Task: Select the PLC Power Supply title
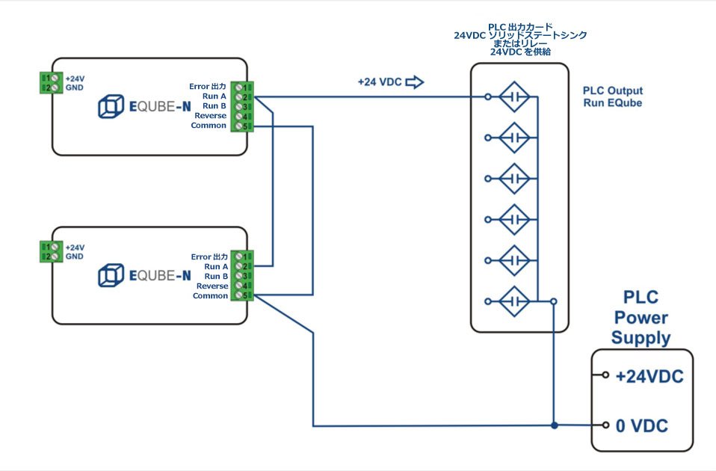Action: pyautogui.click(x=641, y=318)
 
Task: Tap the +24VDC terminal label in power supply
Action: pyautogui.click(x=649, y=377)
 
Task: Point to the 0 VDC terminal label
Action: pyautogui.click(x=641, y=426)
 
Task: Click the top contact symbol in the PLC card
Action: pyautogui.click(x=514, y=96)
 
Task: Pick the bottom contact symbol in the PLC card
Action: pyautogui.click(x=514, y=301)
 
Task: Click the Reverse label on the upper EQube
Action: pyautogui.click(x=210, y=116)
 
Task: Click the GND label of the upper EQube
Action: pyautogui.click(x=75, y=87)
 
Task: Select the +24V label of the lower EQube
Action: pyautogui.click(x=75, y=247)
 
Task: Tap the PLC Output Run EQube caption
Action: pyautogui.click(x=613, y=96)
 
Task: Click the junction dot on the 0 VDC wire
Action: pyautogui.click(x=554, y=426)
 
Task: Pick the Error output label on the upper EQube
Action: pyautogui.click(x=209, y=86)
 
